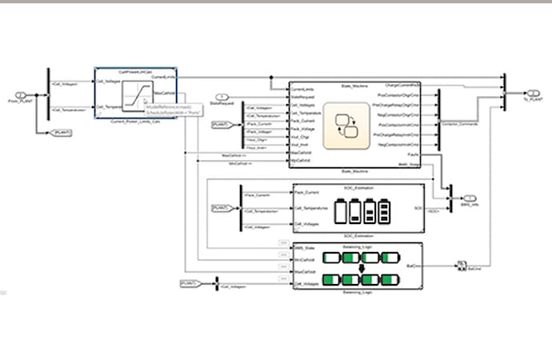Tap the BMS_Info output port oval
coord(470,198)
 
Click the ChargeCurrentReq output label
coord(405,84)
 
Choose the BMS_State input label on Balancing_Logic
coord(304,250)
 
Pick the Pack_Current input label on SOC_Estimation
coord(306,193)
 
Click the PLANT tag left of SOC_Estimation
coord(220,208)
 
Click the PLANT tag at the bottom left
coord(189,283)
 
